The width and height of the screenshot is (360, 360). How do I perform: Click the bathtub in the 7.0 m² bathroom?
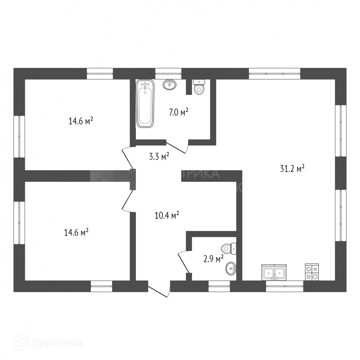click(145, 104)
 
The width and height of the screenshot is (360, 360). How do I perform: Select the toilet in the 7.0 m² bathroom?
click(199, 87)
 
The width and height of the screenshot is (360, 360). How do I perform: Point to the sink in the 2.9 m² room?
click(231, 268)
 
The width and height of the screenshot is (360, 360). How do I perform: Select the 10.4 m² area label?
click(167, 215)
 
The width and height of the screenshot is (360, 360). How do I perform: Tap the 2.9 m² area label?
click(213, 259)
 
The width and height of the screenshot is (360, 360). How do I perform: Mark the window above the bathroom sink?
click(168, 73)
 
